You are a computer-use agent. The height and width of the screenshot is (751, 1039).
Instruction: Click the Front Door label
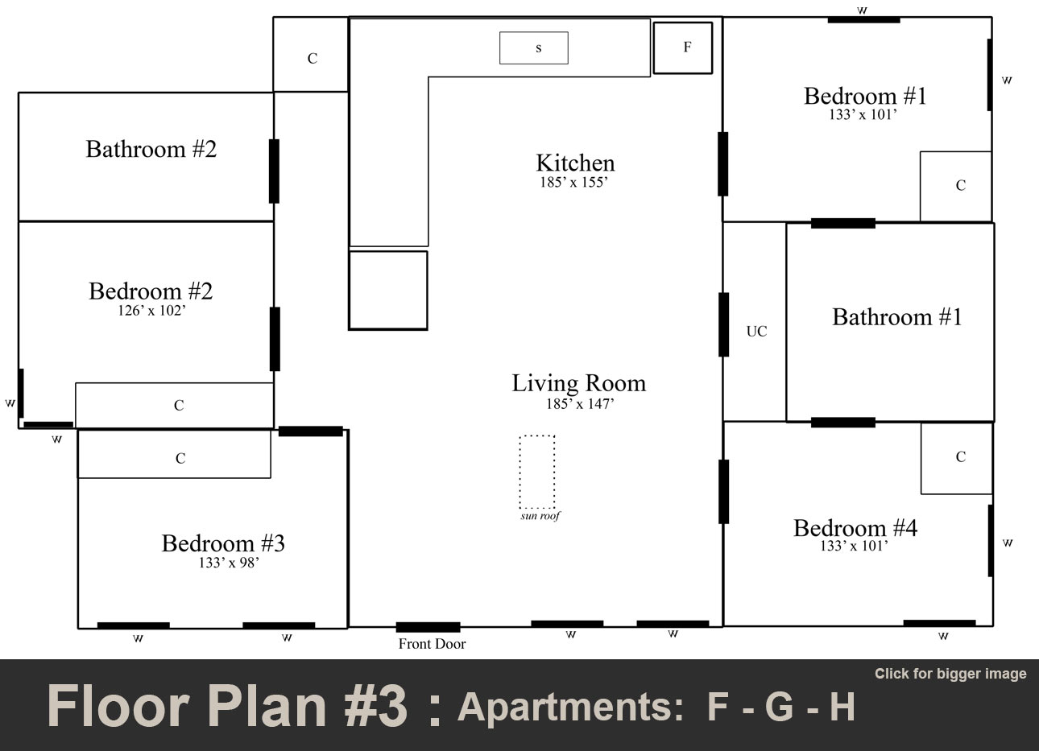tap(432, 644)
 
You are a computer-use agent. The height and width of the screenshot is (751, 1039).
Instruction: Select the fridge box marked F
tap(683, 47)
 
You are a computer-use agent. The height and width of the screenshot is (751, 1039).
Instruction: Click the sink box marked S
tap(534, 48)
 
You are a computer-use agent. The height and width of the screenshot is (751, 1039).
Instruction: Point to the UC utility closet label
tap(756, 331)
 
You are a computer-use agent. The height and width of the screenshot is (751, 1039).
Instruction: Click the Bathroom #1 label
tap(896, 317)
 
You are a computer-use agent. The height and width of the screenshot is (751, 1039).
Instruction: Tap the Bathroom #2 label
tap(151, 150)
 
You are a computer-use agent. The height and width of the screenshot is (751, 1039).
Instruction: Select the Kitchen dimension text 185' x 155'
tap(573, 183)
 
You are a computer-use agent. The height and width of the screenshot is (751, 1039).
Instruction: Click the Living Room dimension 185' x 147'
tap(579, 404)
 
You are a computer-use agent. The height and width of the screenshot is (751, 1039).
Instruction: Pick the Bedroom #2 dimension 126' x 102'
tap(151, 311)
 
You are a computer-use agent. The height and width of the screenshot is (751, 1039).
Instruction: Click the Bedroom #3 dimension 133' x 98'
tap(229, 563)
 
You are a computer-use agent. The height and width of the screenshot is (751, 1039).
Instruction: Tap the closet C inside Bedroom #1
tap(956, 186)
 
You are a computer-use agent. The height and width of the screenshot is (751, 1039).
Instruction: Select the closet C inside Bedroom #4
tap(957, 458)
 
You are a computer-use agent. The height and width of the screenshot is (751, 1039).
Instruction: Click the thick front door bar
tap(428, 627)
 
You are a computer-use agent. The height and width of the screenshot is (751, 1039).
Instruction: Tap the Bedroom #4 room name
tap(855, 528)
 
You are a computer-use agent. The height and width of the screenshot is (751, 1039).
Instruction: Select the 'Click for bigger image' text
tap(950, 674)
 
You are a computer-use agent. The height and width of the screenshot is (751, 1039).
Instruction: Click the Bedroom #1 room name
tap(865, 97)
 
